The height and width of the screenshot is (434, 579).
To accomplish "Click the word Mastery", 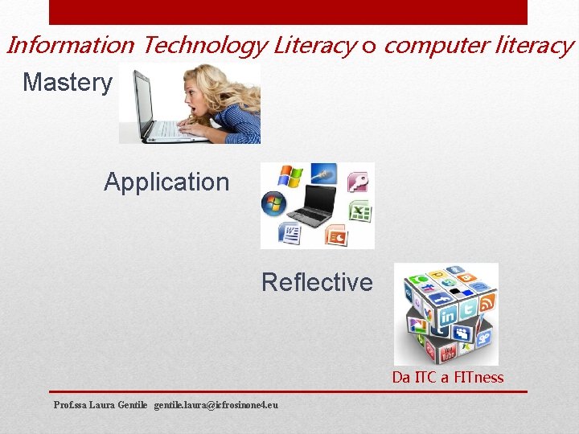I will (68, 82).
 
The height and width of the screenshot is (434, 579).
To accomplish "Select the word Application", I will (166, 182).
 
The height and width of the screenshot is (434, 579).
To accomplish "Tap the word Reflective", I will (317, 282).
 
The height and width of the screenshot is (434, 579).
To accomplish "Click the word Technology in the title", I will (204, 46).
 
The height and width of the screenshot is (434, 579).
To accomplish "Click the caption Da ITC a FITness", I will (448, 378).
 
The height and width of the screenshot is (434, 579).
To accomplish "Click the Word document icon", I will (289, 234).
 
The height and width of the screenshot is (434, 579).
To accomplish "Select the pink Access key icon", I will (357, 181).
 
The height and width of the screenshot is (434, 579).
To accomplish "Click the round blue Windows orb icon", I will (273, 203).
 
